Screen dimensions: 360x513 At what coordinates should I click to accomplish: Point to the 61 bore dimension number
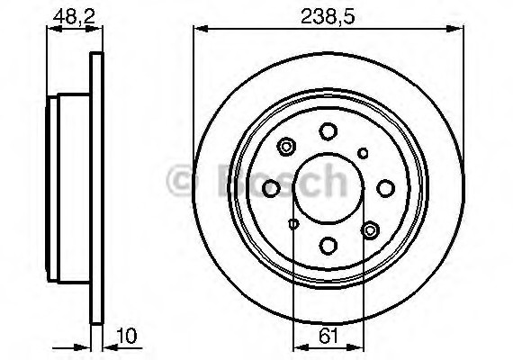pyautogui.click(x=328, y=337)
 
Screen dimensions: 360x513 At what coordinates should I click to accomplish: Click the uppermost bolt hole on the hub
pyautogui.click(x=328, y=131)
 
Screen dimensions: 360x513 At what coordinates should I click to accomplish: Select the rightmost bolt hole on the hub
pyautogui.click(x=385, y=187)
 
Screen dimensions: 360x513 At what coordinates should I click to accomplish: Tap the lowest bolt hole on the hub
pyautogui.click(x=328, y=244)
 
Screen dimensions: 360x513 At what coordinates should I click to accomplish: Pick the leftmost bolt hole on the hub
pyautogui.click(x=271, y=187)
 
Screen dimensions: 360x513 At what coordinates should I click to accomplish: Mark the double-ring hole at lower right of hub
pyautogui.click(x=368, y=231)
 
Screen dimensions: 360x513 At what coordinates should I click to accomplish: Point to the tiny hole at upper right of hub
pyautogui.click(x=363, y=152)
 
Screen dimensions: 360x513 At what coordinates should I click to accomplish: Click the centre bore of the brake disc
pyautogui.click(x=328, y=187)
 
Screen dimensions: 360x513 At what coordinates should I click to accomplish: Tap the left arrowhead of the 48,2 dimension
pyautogui.click(x=50, y=29)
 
